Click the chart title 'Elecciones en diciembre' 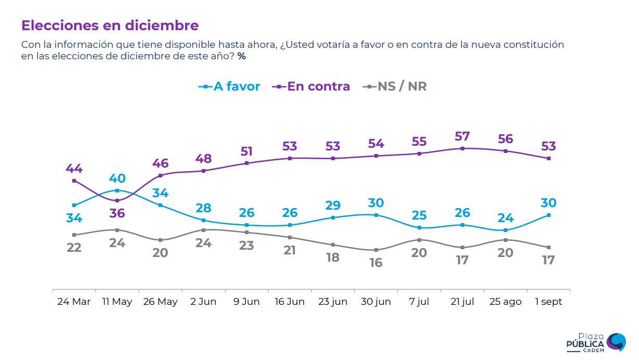(110, 25)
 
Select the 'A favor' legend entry (229, 86)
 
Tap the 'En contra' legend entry (311, 86)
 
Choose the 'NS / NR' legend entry (395, 86)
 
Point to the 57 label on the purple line (462, 136)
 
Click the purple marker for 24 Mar (74, 181)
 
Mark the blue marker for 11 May (117, 190)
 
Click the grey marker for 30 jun (376, 250)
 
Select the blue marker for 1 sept (549, 215)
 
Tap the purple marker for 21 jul (462, 148)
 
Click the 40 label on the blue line (117, 178)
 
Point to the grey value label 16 (376, 263)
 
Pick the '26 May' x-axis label (160, 302)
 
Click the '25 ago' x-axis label (505, 302)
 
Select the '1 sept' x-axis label (549, 302)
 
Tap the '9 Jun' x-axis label (246, 302)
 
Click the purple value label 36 (117, 213)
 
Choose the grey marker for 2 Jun (203, 230)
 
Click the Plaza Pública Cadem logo (596, 343)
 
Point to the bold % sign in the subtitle (241, 56)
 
